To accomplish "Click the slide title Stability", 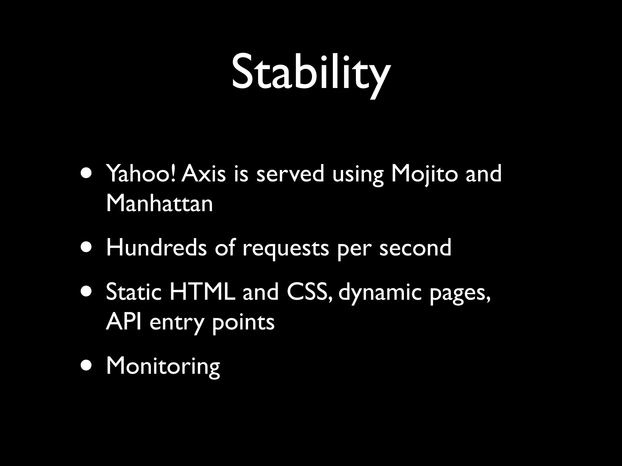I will [310, 73].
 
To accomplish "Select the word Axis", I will [204, 174].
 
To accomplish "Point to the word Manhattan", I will [159, 203].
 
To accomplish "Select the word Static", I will [133, 292].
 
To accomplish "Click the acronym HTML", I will [202, 292].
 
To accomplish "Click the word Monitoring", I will [163, 366].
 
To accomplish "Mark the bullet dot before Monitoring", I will [86, 366].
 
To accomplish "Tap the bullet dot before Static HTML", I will [86, 292].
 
